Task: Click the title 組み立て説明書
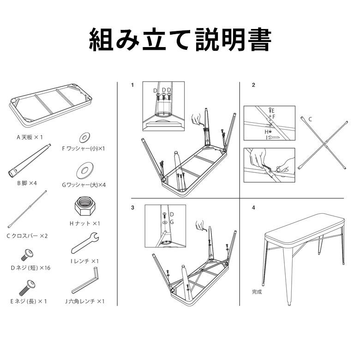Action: pyautogui.click(x=180, y=41)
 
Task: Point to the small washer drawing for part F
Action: pyautogui.click(x=84, y=137)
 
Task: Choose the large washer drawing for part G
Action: pyautogui.click(x=84, y=170)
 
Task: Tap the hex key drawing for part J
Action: pyautogui.click(x=86, y=280)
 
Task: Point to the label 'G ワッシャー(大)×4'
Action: pyautogui.click(x=84, y=185)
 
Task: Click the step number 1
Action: pyautogui.click(x=132, y=85)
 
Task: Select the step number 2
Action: pyautogui.click(x=253, y=85)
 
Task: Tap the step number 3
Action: pyautogui.click(x=132, y=208)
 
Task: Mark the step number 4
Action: pyautogui.click(x=253, y=208)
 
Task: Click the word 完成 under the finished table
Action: pyautogui.click(x=257, y=292)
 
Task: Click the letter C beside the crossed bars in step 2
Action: pyautogui.click(x=311, y=119)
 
